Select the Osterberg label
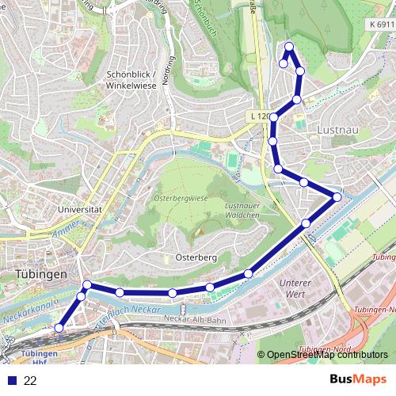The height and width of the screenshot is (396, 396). pos(194,258)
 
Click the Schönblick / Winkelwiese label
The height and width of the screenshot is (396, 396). pos(131,81)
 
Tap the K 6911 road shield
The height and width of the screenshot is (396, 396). pos(380,25)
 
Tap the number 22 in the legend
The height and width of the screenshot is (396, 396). pos(31,380)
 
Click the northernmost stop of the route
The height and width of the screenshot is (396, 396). pos(289,46)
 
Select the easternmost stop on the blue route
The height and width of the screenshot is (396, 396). pos(337,196)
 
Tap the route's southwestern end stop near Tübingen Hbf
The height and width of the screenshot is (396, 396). pos(59,326)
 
